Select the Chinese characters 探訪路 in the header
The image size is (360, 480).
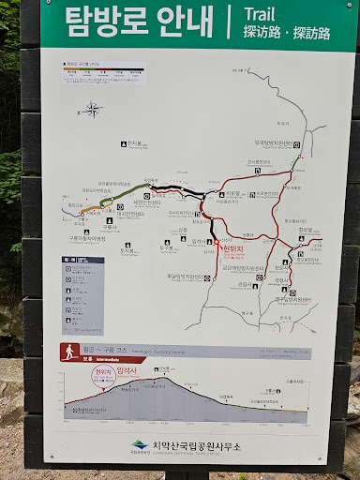264,33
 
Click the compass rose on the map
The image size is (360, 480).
92,109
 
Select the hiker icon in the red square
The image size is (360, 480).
68,352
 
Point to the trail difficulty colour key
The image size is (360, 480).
104,70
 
